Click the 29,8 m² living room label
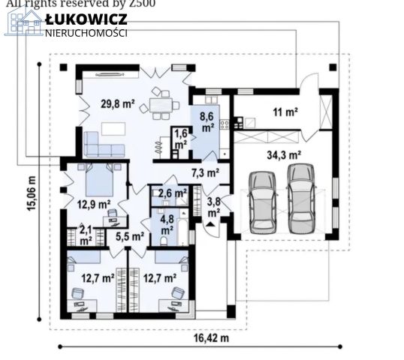coord(117,105)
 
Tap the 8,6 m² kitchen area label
coord(207,121)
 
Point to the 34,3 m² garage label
coord(284,155)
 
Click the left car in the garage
coord(261,201)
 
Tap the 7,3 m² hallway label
coord(205,172)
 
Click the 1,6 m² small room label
coord(181,136)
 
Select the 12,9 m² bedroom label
coord(94,203)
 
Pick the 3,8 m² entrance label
coord(213,205)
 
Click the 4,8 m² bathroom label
coord(166,225)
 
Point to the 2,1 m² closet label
coord(86,235)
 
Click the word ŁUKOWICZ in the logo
coord(86,19)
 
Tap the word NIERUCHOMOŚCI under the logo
coord(86,33)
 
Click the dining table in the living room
coord(160,104)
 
